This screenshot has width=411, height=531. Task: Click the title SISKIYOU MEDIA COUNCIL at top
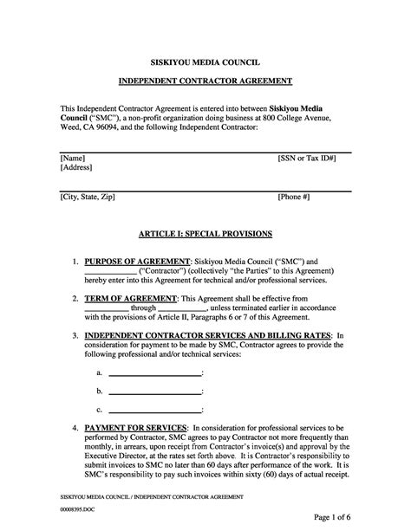click(x=205, y=64)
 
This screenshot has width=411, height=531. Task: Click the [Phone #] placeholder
click(x=294, y=198)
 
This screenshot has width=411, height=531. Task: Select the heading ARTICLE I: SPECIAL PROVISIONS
click(x=205, y=234)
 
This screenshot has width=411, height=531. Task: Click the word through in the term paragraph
click(x=143, y=308)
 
